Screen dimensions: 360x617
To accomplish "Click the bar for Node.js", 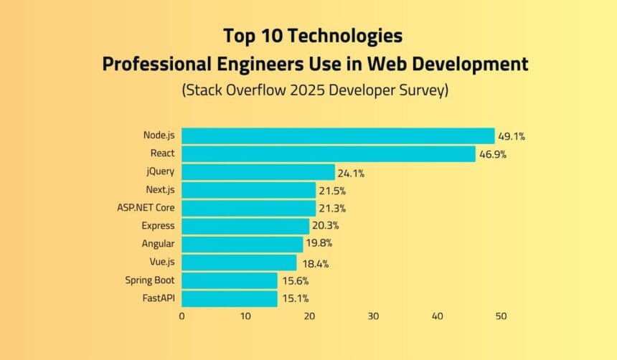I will [338, 136].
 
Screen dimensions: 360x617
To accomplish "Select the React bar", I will [329, 153].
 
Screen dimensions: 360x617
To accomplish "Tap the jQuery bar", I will [258, 172].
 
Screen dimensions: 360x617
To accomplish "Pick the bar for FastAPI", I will [230, 299].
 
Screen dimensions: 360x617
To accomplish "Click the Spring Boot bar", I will [230, 280].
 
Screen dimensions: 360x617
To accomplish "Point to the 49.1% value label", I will [512, 136].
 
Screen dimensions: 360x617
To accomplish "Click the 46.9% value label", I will [492, 154].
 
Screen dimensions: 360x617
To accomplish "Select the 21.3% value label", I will [333, 209].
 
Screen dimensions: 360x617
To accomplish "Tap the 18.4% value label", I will [314, 263].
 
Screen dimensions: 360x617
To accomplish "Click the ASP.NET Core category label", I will [146, 208].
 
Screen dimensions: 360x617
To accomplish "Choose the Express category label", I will [159, 226].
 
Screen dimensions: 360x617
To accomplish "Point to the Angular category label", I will [159, 244].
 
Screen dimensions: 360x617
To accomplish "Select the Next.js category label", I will [160, 190].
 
